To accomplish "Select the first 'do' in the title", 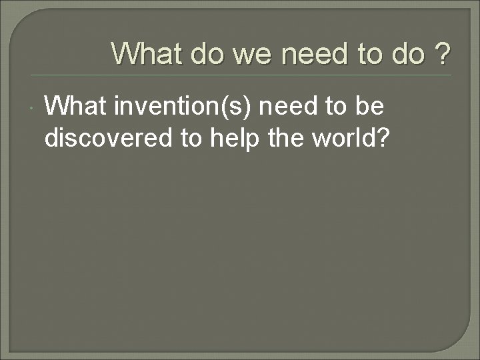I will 208,53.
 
